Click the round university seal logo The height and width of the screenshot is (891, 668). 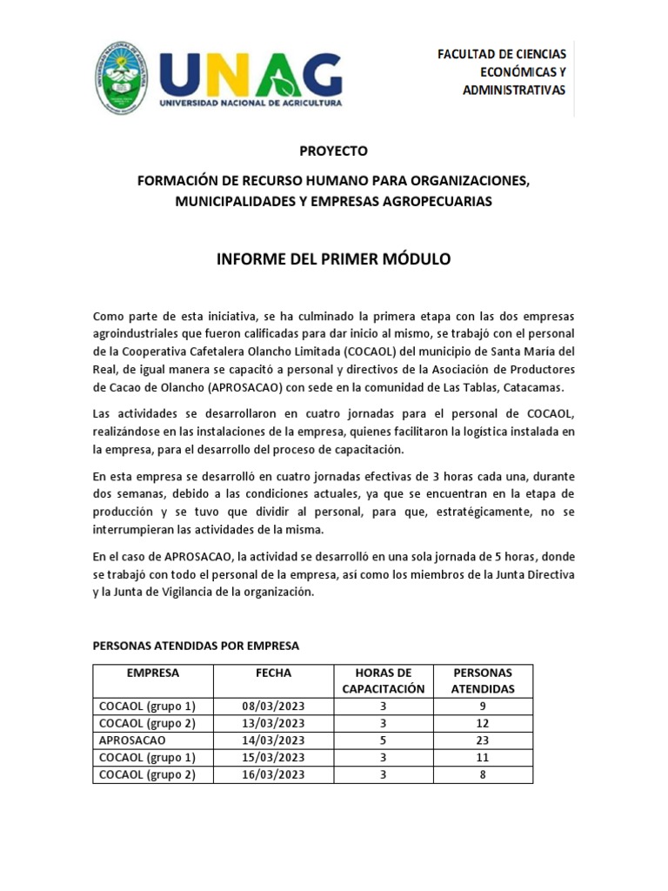(121, 77)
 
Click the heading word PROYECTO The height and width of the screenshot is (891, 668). (333, 151)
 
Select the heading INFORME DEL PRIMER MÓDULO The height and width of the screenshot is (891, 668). (333, 259)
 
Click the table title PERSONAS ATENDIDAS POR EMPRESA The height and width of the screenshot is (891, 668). (196, 646)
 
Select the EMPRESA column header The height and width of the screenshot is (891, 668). (152, 673)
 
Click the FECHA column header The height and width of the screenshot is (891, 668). (273, 673)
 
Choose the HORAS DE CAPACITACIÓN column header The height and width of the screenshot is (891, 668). (383, 680)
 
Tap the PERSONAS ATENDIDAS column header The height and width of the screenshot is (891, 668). (483, 680)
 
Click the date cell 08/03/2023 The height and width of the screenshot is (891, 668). (273, 706)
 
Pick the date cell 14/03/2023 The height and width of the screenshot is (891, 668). (273, 740)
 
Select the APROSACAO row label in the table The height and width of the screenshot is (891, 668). (132, 740)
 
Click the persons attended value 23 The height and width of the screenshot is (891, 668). (483, 740)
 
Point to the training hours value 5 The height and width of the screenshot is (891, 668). (383, 740)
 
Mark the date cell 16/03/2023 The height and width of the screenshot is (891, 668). (273, 774)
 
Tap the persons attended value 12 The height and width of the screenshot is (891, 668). (483, 723)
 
